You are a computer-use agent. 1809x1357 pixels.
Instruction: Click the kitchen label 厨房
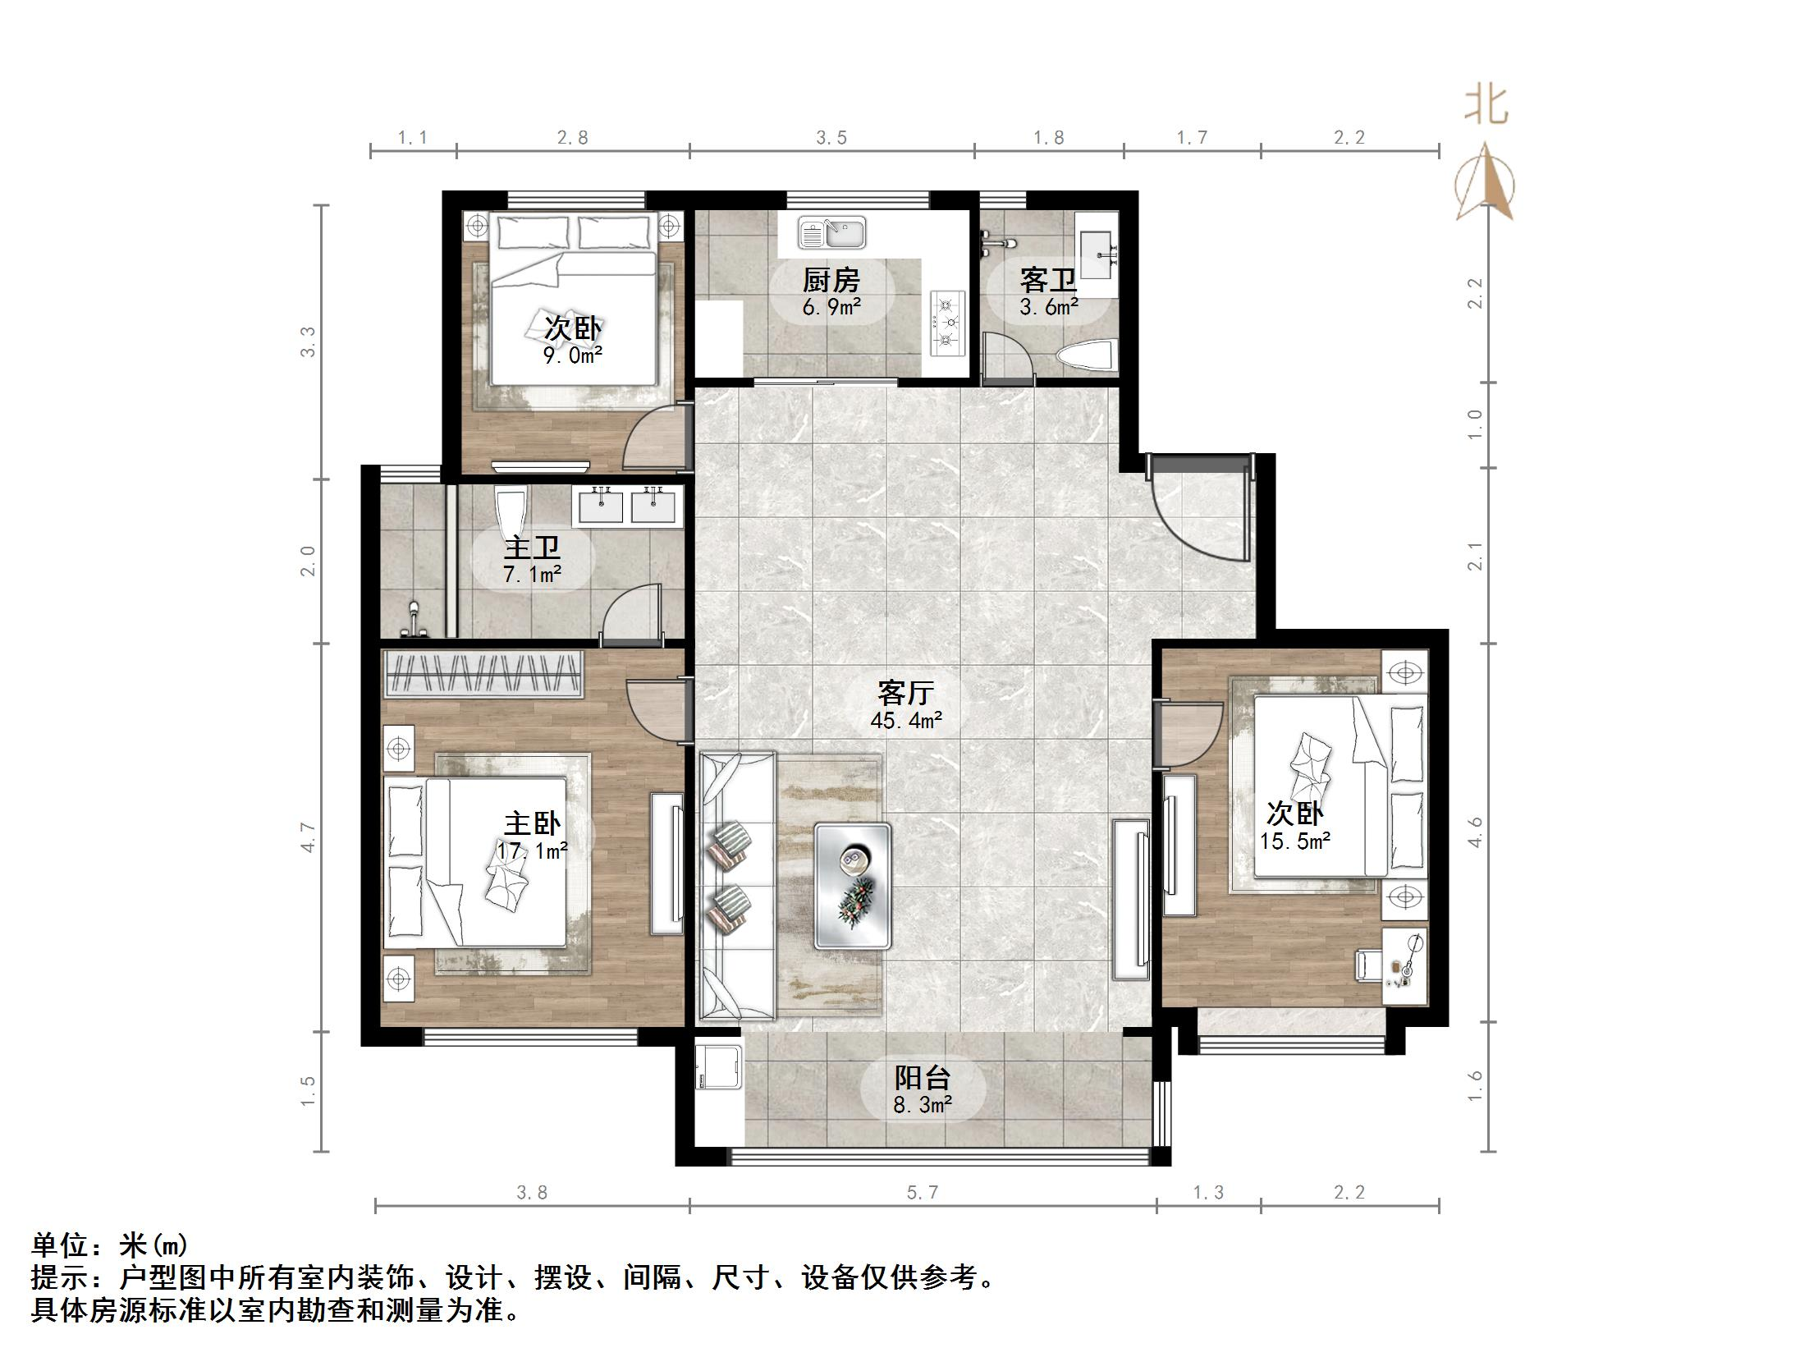point(831,281)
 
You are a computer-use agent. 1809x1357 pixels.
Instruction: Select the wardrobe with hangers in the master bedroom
point(483,673)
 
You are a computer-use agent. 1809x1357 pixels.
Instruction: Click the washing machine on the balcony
point(719,1066)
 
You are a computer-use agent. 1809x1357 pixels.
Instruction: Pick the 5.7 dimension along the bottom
point(922,1192)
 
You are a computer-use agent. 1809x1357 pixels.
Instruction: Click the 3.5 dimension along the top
point(831,138)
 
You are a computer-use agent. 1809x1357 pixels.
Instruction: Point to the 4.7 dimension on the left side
point(308,837)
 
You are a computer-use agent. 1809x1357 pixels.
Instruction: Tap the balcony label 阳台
point(922,1076)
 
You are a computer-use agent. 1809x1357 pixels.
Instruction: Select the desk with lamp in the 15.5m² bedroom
point(1405,965)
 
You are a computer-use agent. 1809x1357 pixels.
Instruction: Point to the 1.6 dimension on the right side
point(1475,1085)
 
